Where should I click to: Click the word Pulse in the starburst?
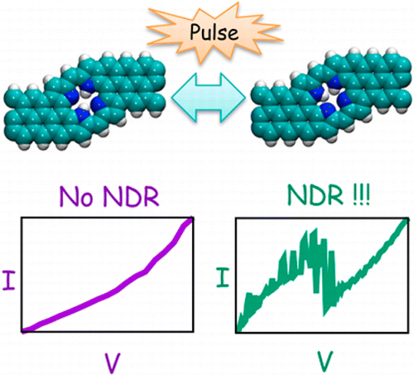(x=214, y=32)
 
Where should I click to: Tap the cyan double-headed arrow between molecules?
(x=209, y=98)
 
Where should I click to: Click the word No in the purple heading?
(x=76, y=196)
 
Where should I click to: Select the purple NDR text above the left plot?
(x=131, y=196)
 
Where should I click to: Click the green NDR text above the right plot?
(x=315, y=195)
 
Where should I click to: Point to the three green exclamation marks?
(x=360, y=195)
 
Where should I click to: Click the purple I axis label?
(x=8, y=280)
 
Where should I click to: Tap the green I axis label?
(x=223, y=277)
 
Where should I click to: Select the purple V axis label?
(x=113, y=363)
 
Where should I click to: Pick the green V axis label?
(x=325, y=361)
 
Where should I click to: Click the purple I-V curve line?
(x=116, y=289)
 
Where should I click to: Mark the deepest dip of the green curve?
(x=325, y=315)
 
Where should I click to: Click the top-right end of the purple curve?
(x=192, y=219)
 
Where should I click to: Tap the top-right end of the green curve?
(x=407, y=219)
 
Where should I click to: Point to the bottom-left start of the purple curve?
(x=24, y=331)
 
